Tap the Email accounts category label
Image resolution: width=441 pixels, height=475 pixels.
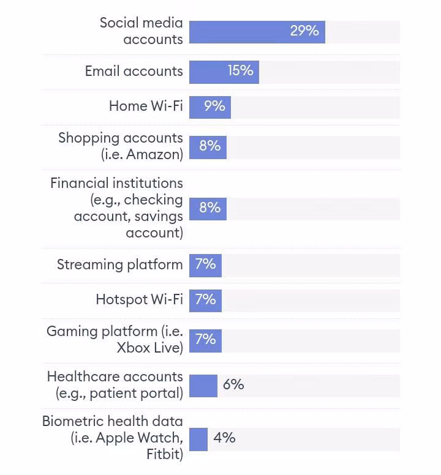tap(134, 71)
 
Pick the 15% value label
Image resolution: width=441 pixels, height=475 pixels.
tap(240, 71)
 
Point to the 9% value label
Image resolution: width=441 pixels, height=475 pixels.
tap(214, 107)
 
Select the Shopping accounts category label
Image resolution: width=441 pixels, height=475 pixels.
tap(120, 138)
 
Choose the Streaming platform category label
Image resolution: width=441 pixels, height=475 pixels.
tap(119, 265)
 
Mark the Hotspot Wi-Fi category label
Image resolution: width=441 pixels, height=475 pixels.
tap(139, 299)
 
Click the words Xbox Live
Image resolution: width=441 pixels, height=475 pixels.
tap(149, 348)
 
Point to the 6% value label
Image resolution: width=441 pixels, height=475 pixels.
tap(233, 385)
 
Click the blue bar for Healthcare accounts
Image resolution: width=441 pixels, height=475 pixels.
tap(203, 386)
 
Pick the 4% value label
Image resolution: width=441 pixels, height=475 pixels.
tap(224, 438)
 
